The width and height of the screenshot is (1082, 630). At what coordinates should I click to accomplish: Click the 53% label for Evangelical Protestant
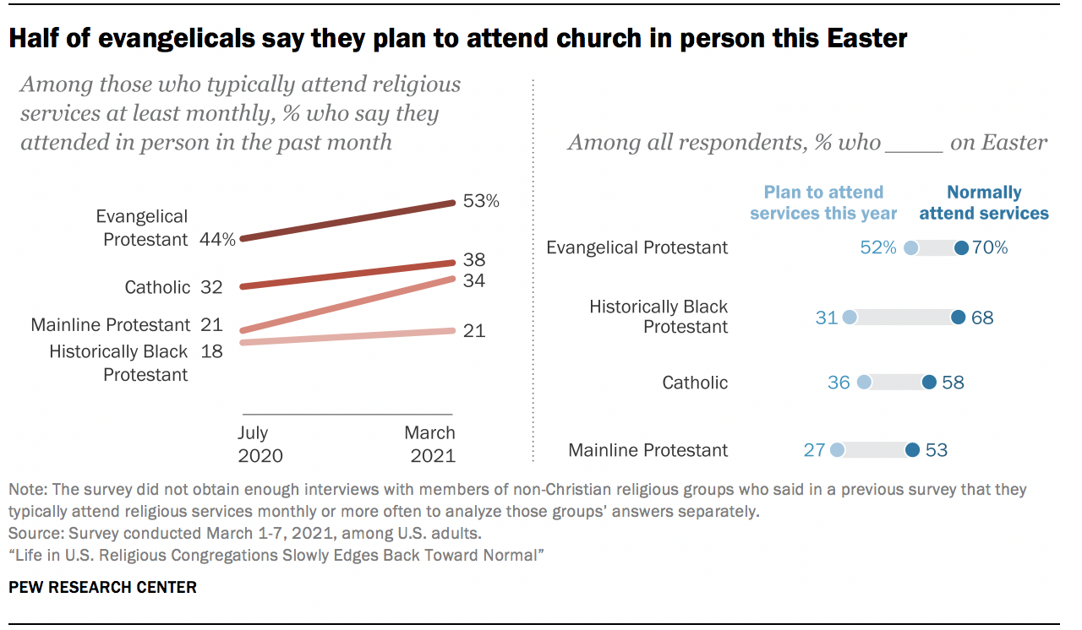click(x=481, y=202)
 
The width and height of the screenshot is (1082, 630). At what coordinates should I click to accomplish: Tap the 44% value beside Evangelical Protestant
click(x=217, y=239)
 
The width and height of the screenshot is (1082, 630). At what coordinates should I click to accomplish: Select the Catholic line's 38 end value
click(x=474, y=260)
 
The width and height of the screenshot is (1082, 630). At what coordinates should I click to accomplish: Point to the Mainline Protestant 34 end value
click(x=474, y=280)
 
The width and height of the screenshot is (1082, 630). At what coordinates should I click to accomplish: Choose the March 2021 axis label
click(x=429, y=444)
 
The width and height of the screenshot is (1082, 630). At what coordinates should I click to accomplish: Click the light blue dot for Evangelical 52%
click(x=911, y=248)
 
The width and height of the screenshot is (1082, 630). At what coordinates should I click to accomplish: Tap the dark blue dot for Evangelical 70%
click(x=961, y=248)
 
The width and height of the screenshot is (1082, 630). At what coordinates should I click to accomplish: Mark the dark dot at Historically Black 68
click(x=958, y=318)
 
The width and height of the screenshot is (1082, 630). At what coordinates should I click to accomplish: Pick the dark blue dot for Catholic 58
click(x=929, y=383)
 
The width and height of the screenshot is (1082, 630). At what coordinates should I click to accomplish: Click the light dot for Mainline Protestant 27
click(x=837, y=450)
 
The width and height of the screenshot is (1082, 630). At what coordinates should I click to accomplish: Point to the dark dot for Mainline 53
click(x=912, y=450)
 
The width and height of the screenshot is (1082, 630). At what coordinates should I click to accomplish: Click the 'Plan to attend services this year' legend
click(x=823, y=203)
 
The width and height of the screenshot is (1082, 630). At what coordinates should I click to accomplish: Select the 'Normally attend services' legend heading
click(x=984, y=203)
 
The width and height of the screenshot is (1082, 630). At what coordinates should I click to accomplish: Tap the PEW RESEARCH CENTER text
click(x=102, y=587)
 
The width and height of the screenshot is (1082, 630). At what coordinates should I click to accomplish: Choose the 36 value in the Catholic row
click(x=839, y=383)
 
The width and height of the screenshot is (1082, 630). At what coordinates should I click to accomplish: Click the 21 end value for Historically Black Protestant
click(x=474, y=330)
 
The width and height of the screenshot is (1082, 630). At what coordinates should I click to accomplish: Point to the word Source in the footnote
click(x=30, y=534)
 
